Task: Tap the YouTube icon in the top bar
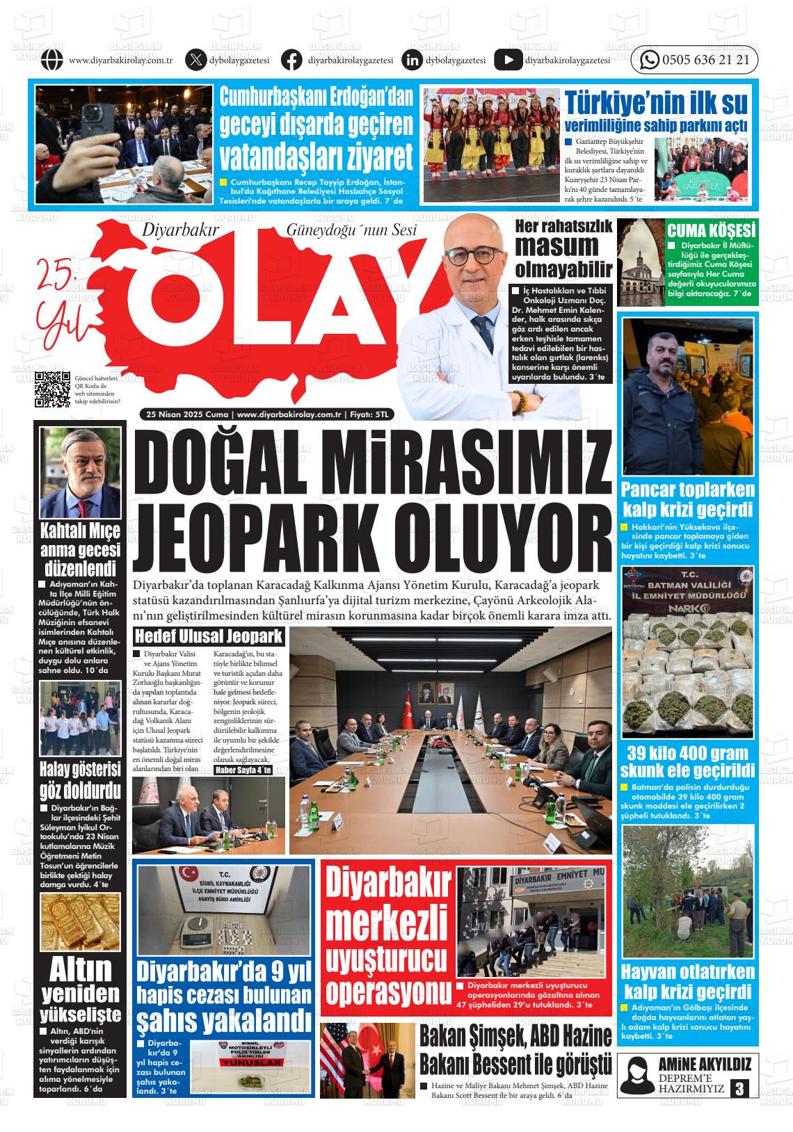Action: [508, 60]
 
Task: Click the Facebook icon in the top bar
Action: [291, 60]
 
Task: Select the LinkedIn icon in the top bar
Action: [412, 60]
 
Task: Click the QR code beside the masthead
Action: [53, 389]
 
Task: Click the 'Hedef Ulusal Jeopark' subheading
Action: [209, 636]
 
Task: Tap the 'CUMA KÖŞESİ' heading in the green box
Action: [711, 231]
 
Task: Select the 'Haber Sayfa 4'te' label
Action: [243, 770]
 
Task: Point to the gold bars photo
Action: [80, 921]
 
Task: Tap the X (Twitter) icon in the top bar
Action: [195, 60]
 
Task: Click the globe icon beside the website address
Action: [52, 60]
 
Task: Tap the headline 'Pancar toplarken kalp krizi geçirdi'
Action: [687, 498]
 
